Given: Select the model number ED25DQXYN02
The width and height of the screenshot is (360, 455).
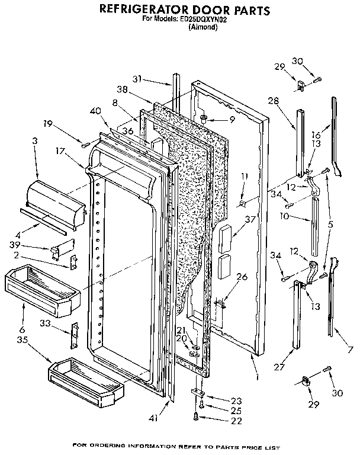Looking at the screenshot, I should click(202, 20).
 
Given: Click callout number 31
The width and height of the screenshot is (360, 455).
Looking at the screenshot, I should click(137, 79).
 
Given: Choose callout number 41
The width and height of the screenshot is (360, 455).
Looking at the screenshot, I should click(154, 418).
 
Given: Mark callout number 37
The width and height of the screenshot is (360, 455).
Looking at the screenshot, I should click(250, 220).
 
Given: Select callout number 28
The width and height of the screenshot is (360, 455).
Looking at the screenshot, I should click(272, 101).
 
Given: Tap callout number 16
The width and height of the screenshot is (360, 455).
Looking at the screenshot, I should click(316, 135).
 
